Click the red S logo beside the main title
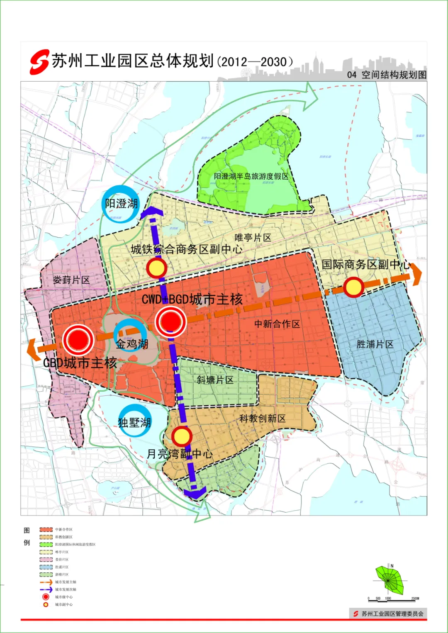(39, 62)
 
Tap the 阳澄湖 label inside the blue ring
(121, 204)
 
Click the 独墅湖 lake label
(134, 422)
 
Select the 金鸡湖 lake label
(132, 344)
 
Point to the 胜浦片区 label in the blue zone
(375, 344)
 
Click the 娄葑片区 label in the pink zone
(71, 280)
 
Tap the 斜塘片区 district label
(215, 380)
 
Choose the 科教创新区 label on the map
(262, 418)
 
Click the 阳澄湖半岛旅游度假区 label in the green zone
(251, 176)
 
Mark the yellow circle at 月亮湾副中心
(181, 436)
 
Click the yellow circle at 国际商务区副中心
(353, 287)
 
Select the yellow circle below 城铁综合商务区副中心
(156, 268)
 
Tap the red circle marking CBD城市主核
(78, 340)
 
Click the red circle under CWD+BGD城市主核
(170, 321)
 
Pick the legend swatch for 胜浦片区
(46, 567)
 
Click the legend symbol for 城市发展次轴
(46, 589)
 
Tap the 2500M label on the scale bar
(415, 599)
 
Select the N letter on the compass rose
(392, 566)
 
